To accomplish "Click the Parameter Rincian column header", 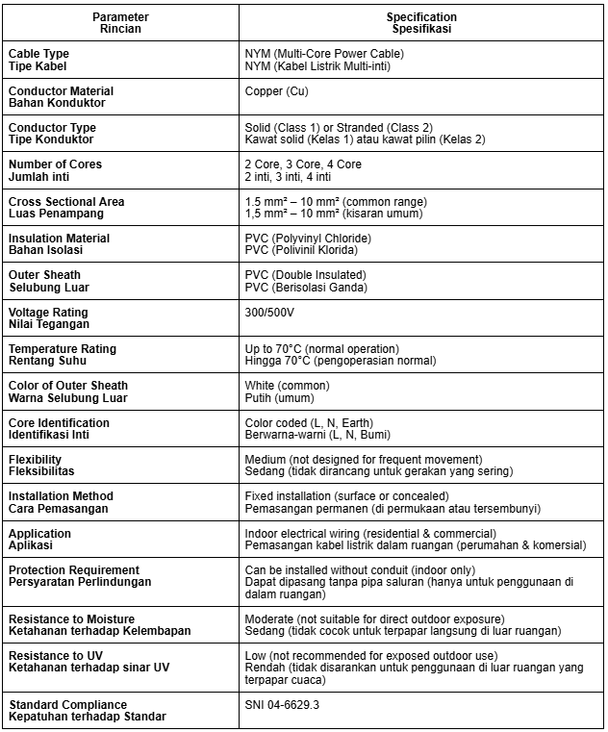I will click(121, 23).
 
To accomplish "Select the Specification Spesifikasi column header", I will click(421, 23).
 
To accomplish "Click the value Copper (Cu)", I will click(276, 91).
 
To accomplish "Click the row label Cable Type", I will click(39, 53).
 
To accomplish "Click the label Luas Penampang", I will click(57, 214).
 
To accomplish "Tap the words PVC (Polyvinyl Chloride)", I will click(308, 239).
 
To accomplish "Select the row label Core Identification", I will click(59, 423).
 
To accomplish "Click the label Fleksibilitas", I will click(41, 471).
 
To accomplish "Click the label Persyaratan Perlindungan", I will click(81, 582).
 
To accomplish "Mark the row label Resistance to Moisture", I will click(72, 618).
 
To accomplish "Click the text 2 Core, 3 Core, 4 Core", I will click(303, 164).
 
